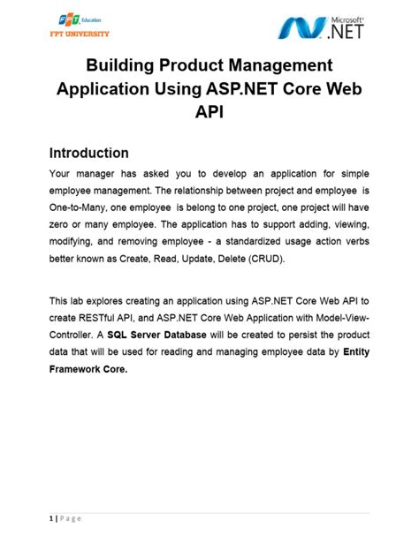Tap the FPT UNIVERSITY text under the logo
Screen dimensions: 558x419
80,34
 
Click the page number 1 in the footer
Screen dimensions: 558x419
50,519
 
